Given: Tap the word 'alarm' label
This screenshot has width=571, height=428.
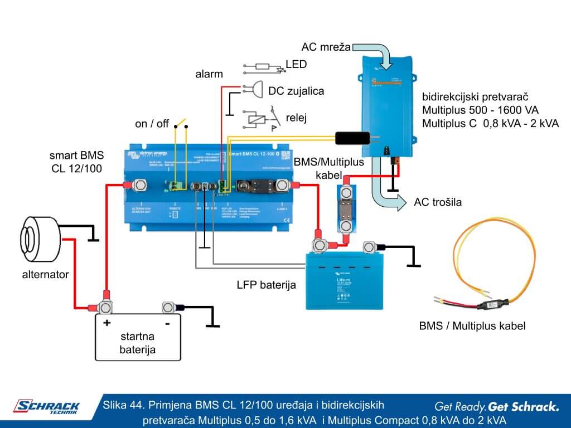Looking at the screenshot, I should pyautogui.click(x=209, y=74).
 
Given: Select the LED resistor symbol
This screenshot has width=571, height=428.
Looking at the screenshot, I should pyautogui.click(x=262, y=67).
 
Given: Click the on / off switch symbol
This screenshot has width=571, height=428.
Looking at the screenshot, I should pyautogui.click(x=181, y=123).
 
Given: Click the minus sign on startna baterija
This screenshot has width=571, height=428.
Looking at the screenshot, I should pyautogui.click(x=167, y=323).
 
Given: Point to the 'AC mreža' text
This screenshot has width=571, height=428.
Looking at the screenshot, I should pyautogui.click(x=326, y=47).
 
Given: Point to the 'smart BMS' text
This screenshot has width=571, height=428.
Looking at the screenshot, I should pyautogui.click(x=76, y=155).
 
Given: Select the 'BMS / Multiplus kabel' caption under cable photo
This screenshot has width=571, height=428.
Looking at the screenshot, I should pyautogui.click(x=472, y=325).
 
